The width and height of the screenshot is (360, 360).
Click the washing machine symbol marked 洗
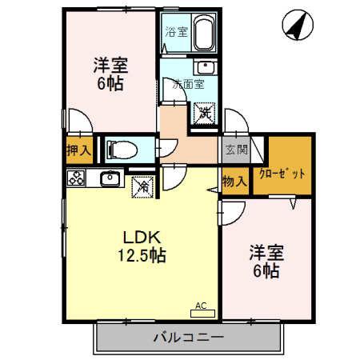204,113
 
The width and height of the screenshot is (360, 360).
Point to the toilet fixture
122,149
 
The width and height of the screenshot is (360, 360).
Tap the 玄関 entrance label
235,150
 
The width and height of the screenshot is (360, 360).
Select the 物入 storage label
234,182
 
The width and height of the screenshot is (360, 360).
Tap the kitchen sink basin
109,178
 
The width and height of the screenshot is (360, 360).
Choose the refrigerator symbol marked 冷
142,186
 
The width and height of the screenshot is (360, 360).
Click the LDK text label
142,238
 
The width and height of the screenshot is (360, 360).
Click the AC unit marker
201,306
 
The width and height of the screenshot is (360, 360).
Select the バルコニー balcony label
189,338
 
